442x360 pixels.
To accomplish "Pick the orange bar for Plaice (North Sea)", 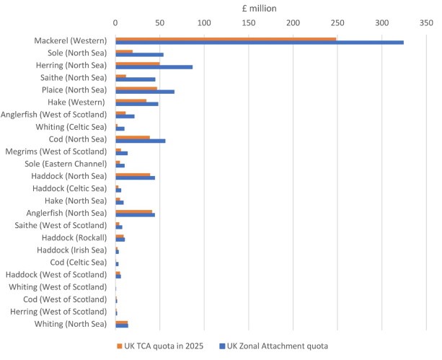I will click(x=136, y=88).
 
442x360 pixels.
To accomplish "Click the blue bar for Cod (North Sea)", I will click(x=140, y=141).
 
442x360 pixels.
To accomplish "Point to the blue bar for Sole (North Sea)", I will click(x=139, y=55).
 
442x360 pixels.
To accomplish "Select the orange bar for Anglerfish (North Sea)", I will click(x=133, y=211).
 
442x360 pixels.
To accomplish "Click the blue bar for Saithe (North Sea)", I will click(x=135, y=79).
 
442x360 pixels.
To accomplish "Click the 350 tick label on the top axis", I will click(x=425, y=24).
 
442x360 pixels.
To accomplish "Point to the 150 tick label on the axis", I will click(x=249, y=24).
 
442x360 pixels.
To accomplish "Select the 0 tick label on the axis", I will click(x=115, y=24).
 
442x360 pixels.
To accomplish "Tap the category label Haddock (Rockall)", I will click(x=74, y=237).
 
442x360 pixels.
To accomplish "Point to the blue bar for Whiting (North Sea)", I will click(x=122, y=326).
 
